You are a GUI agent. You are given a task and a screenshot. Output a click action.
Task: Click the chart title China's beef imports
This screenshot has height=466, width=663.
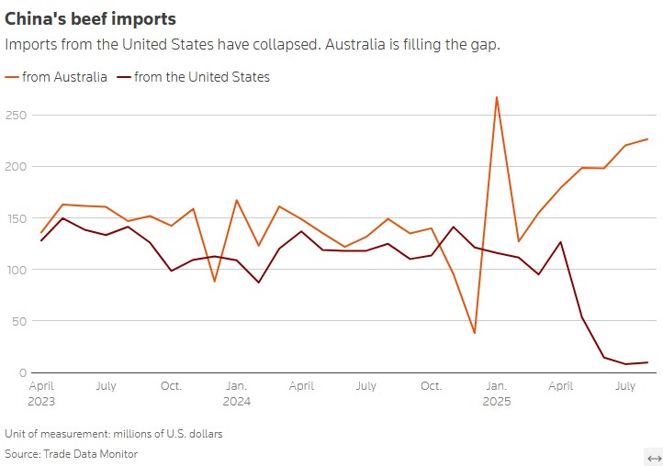[x=91, y=18]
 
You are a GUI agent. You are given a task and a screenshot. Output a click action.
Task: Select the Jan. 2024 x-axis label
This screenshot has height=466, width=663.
[x=236, y=394]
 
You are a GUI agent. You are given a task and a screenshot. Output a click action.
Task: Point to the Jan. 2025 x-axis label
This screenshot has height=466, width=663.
[x=496, y=394]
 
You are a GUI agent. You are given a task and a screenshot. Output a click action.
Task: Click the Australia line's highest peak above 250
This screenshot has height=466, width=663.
[x=497, y=97]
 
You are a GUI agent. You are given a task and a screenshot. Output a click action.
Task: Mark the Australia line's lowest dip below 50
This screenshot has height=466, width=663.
[x=475, y=333]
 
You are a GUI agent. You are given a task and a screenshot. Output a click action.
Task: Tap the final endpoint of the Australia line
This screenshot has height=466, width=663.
[x=647, y=139]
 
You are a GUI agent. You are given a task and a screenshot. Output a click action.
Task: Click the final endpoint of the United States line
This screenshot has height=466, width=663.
[x=647, y=362]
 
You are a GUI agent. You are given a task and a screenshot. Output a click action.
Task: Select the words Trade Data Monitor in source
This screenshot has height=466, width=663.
[x=95, y=453]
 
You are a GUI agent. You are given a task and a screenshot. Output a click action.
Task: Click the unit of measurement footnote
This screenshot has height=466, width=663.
[x=113, y=433]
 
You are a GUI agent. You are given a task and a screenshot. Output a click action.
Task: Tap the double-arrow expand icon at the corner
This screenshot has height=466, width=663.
[x=654, y=458]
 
